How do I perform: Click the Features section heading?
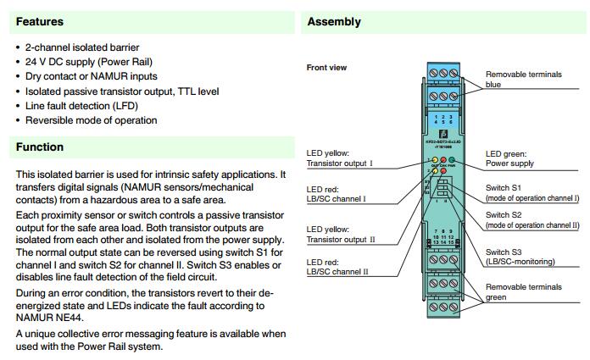pos(40,21)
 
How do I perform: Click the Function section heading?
pos(40,147)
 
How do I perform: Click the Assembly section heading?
pos(334,21)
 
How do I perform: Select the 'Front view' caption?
pos(326,67)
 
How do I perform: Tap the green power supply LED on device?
pos(452,160)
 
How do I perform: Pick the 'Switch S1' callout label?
pos(505,186)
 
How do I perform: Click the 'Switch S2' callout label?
pos(505,215)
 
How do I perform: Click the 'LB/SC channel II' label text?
pos(338,271)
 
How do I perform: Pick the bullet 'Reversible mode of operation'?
pos(91,119)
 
